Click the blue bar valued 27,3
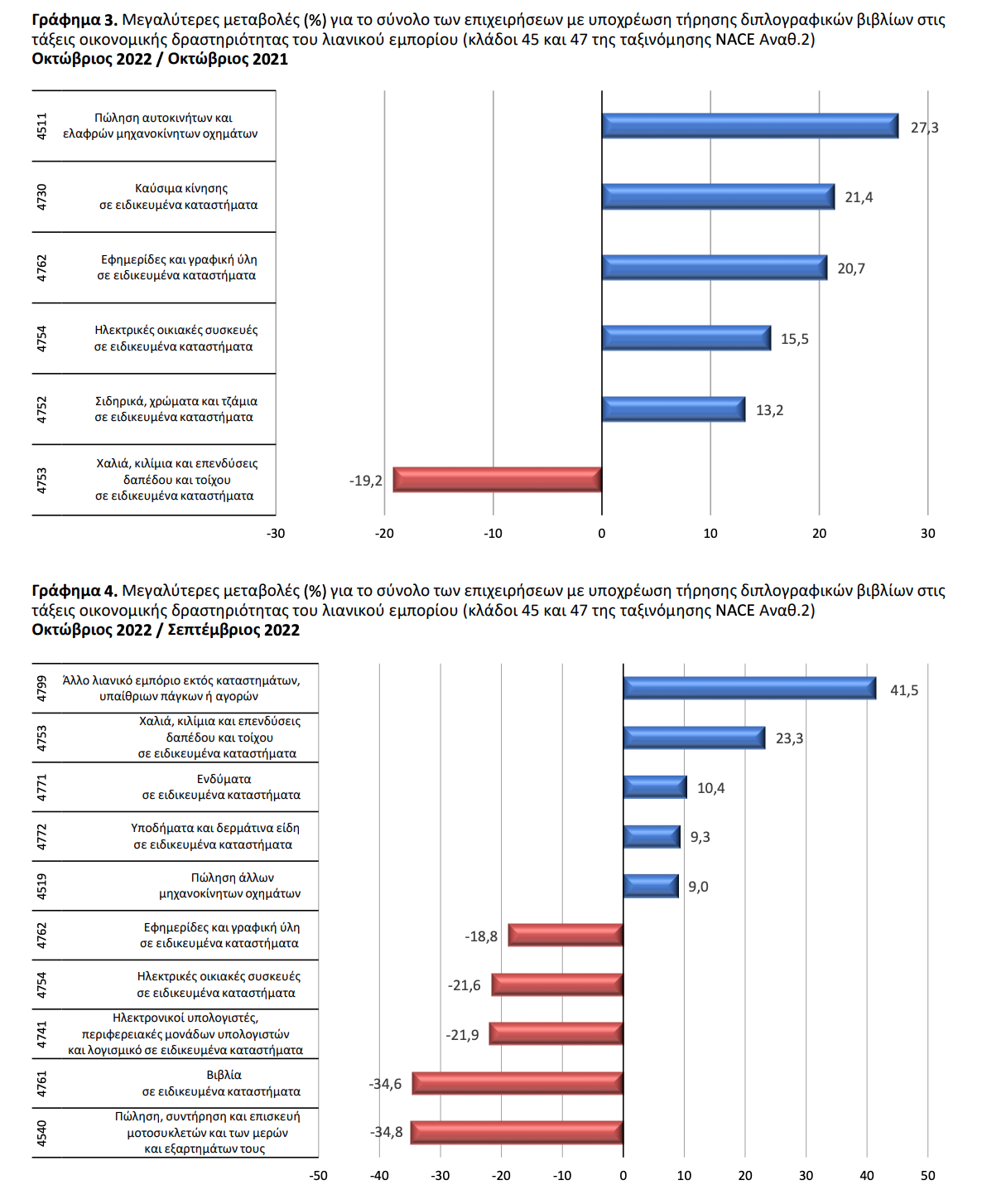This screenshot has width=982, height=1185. click(749, 126)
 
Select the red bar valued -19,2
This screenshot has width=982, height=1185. click(498, 480)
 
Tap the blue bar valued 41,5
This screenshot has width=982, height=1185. click(749, 689)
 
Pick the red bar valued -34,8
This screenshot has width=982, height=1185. click(517, 1132)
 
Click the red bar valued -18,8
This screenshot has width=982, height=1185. click(566, 935)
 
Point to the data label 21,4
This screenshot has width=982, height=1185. click(859, 197)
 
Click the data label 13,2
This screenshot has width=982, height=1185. click(769, 409)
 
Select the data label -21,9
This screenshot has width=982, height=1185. click(462, 1035)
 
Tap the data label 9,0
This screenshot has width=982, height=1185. click(698, 887)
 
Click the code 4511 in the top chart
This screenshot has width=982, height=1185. click(42, 126)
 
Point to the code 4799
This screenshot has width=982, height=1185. click(42, 689)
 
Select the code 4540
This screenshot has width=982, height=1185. click(42, 1133)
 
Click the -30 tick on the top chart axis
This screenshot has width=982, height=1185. click(276, 534)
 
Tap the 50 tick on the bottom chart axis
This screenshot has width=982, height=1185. click(927, 1175)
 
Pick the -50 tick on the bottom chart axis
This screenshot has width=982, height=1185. click(318, 1175)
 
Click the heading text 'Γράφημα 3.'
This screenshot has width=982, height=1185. click(75, 21)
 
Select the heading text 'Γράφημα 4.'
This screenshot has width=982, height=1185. click(75, 591)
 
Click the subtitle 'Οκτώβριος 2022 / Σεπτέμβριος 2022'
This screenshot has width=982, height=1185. click(166, 630)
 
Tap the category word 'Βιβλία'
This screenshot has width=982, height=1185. click(224, 1075)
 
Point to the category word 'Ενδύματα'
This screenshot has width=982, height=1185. click(224, 779)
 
